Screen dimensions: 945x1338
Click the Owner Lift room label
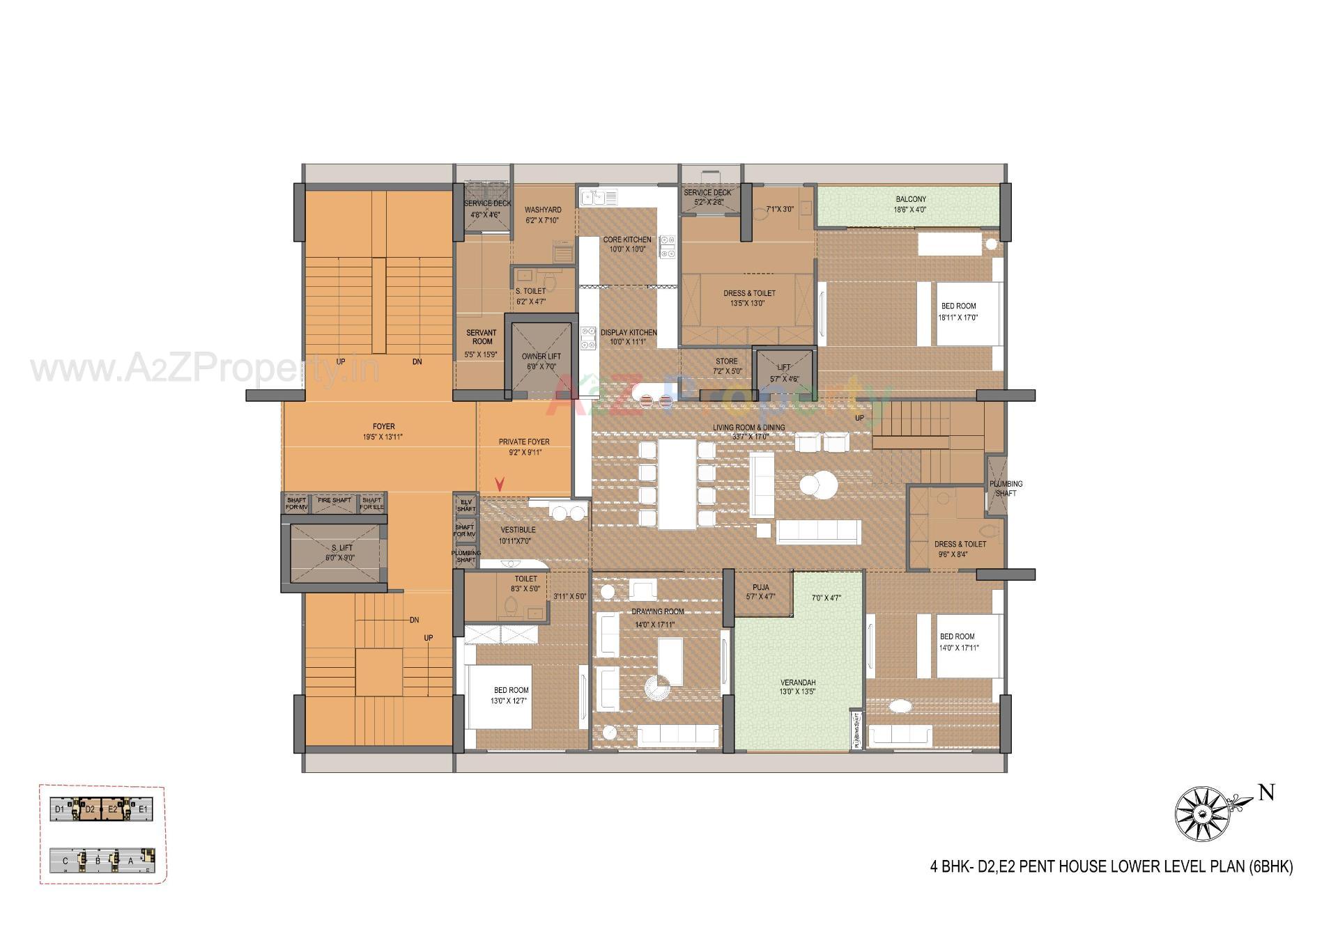click(541, 356)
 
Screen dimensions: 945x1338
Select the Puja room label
click(760, 587)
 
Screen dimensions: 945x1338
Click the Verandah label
click(797, 682)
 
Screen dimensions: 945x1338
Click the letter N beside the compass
click(1266, 792)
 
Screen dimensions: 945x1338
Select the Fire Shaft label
click(334, 500)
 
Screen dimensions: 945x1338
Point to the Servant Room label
click(482, 337)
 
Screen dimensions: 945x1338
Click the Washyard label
click(543, 210)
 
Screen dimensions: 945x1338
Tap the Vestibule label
click(517, 530)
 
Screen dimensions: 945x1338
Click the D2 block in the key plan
click(90, 809)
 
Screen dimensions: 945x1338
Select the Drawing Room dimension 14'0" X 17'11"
click(655, 625)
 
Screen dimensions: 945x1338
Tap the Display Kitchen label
click(629, 332)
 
